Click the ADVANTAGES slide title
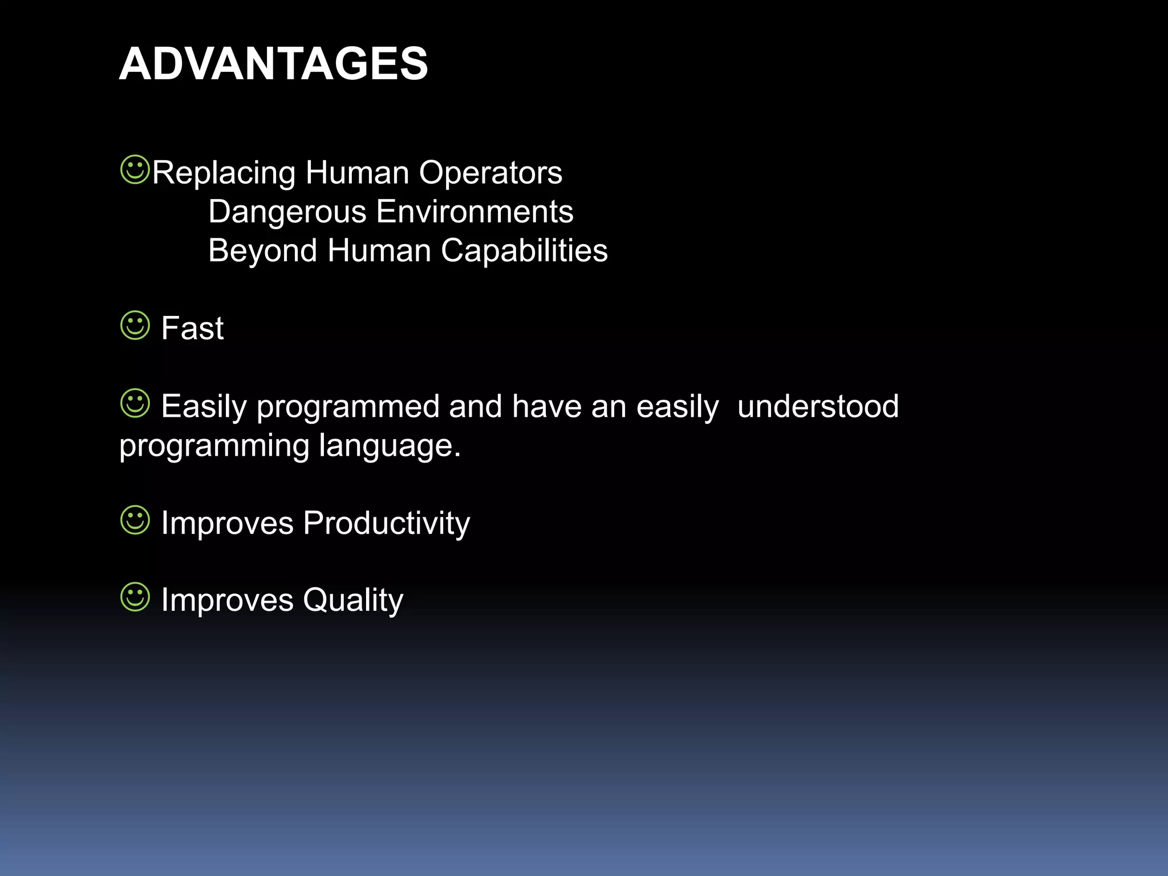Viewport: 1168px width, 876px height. pyautogui.click(x=273, y=64)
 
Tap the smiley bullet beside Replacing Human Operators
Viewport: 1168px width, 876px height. pyautogui.click(x=135, y=169)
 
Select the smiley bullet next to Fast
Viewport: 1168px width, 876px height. pyautogui.click(x=135, y=325)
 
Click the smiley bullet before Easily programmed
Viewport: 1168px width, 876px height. pyautogui.click(x=135, y=403)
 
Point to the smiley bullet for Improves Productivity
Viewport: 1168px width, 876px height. pyautogui.click(x=135, y=520)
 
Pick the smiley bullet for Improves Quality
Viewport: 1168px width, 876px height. pyautogui.click(x=135, y=597)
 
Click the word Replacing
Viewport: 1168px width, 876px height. pyautogui.click(x=224, y=173)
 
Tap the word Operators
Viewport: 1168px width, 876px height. pyautogui.click(x=490, y=173)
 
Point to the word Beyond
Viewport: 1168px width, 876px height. pyautogui.click(x=262, y=251)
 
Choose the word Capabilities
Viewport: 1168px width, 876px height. pyautogui.click(x=524, y=251)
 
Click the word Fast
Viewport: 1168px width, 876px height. pyautogui.click(x=192, y=328)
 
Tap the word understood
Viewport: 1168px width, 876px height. pyautogui.click(x=818, y=407)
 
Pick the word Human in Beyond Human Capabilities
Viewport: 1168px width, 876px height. pyautogui.click(x=379, y=251)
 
